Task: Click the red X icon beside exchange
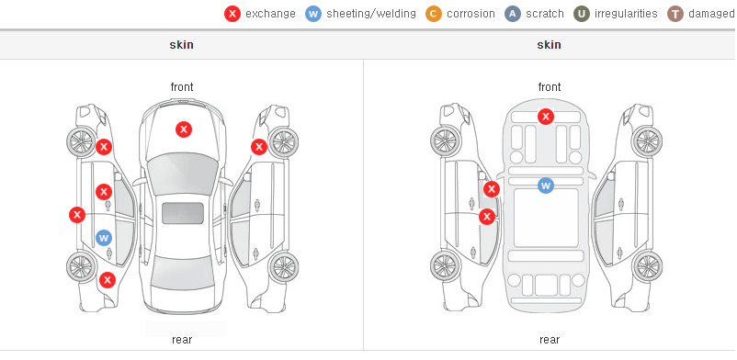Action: tap(232, 14)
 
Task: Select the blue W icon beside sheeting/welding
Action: tap(313, 14)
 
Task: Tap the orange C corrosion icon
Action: tap(434, 14)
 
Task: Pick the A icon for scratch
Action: tap(513, 14)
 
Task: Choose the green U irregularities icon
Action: tap(582, 14)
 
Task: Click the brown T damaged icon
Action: tap(675, 14)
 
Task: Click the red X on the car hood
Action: tap(184, 129)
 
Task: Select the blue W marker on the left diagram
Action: tap(104, 238)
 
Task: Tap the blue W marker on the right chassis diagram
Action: tap(546, 186)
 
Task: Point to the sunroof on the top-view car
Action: tap(183, 213)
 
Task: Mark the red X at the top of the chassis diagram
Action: tap(546, 116)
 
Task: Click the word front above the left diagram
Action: tap(182, 87)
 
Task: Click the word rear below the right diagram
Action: tap(550, 340)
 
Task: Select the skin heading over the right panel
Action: tap(549, 45)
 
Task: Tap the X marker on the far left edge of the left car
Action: tap(77, 215)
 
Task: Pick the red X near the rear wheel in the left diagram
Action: tap(108, 281)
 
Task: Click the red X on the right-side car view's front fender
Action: tap(259, 147)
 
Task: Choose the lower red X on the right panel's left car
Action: tap(487, 217)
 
